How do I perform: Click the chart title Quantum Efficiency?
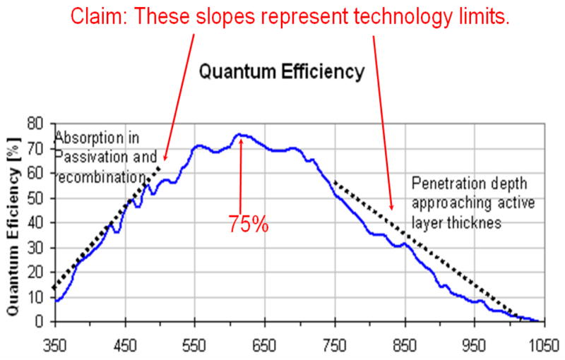point(281,71)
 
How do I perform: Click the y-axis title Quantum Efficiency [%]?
point(12,224)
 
